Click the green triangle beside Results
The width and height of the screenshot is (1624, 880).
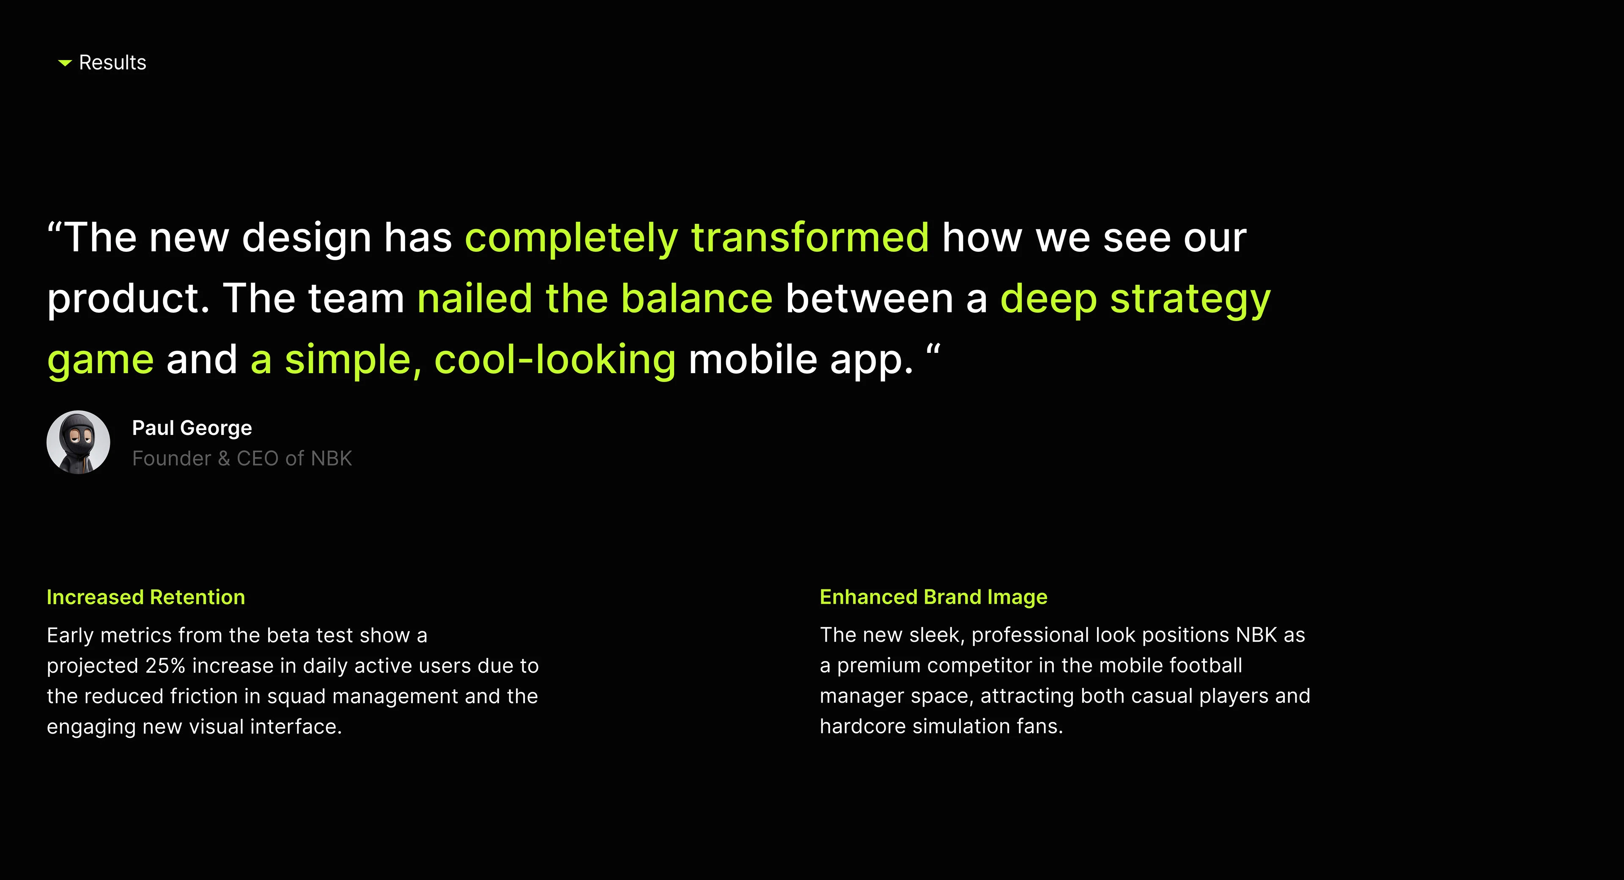coord(65,63)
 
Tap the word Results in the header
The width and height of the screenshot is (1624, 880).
coord(112,63)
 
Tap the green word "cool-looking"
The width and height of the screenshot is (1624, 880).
coord(555,360)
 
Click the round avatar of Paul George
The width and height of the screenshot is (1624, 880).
coord(78,442)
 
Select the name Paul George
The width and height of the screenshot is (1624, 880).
coord(192,428)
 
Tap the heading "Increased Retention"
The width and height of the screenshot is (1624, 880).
coord(145,597)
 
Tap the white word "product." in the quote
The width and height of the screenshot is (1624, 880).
coord(129,299)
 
